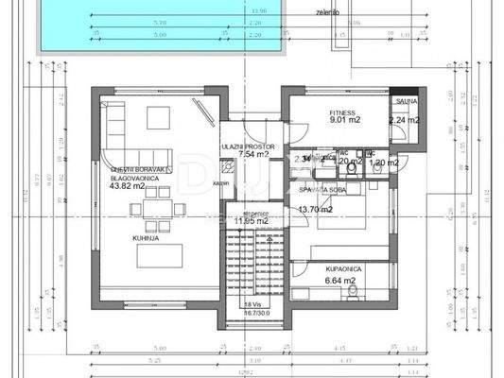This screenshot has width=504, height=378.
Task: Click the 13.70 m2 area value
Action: [x=316, y=210]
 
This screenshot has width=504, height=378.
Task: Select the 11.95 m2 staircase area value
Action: [x=252, y=222]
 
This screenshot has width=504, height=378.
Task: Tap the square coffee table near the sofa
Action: [x=158, y=118]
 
